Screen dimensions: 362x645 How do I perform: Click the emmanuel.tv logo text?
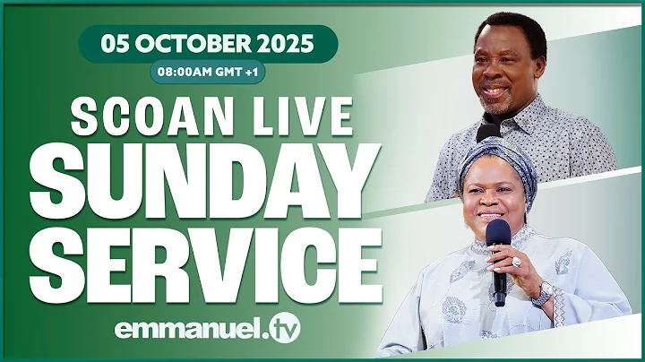(207, 328)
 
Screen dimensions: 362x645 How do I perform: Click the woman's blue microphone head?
(499, 235)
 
